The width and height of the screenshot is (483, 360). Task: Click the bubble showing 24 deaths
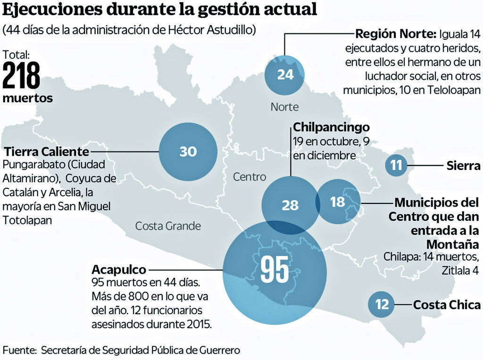tap(285, 75)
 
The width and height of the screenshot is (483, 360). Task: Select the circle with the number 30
tap(188, 151)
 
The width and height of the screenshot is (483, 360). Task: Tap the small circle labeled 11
tap(396, 166)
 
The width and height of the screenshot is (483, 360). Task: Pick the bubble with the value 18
tap(338, 202)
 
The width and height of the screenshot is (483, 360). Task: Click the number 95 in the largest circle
tap(275, 270)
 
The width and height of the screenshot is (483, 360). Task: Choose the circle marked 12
tap(382, 304)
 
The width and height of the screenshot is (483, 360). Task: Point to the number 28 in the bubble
tap(290, 205)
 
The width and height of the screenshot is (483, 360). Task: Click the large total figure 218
tap(21, 75)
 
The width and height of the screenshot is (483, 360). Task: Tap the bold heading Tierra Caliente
tap(46, 152)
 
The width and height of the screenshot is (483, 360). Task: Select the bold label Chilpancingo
tap(331, 127)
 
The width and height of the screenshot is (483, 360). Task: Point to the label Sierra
tap(464, 166)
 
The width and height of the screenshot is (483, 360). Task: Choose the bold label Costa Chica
tap(447, 305)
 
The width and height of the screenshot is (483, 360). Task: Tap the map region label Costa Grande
tap(168, 226)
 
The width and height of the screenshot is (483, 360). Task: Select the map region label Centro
tap(250, 177)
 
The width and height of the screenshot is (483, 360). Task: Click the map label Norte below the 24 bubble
tap(284, 107)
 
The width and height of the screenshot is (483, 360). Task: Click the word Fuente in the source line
tap(19, 351)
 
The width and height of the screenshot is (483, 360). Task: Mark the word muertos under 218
tap(27, 99)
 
